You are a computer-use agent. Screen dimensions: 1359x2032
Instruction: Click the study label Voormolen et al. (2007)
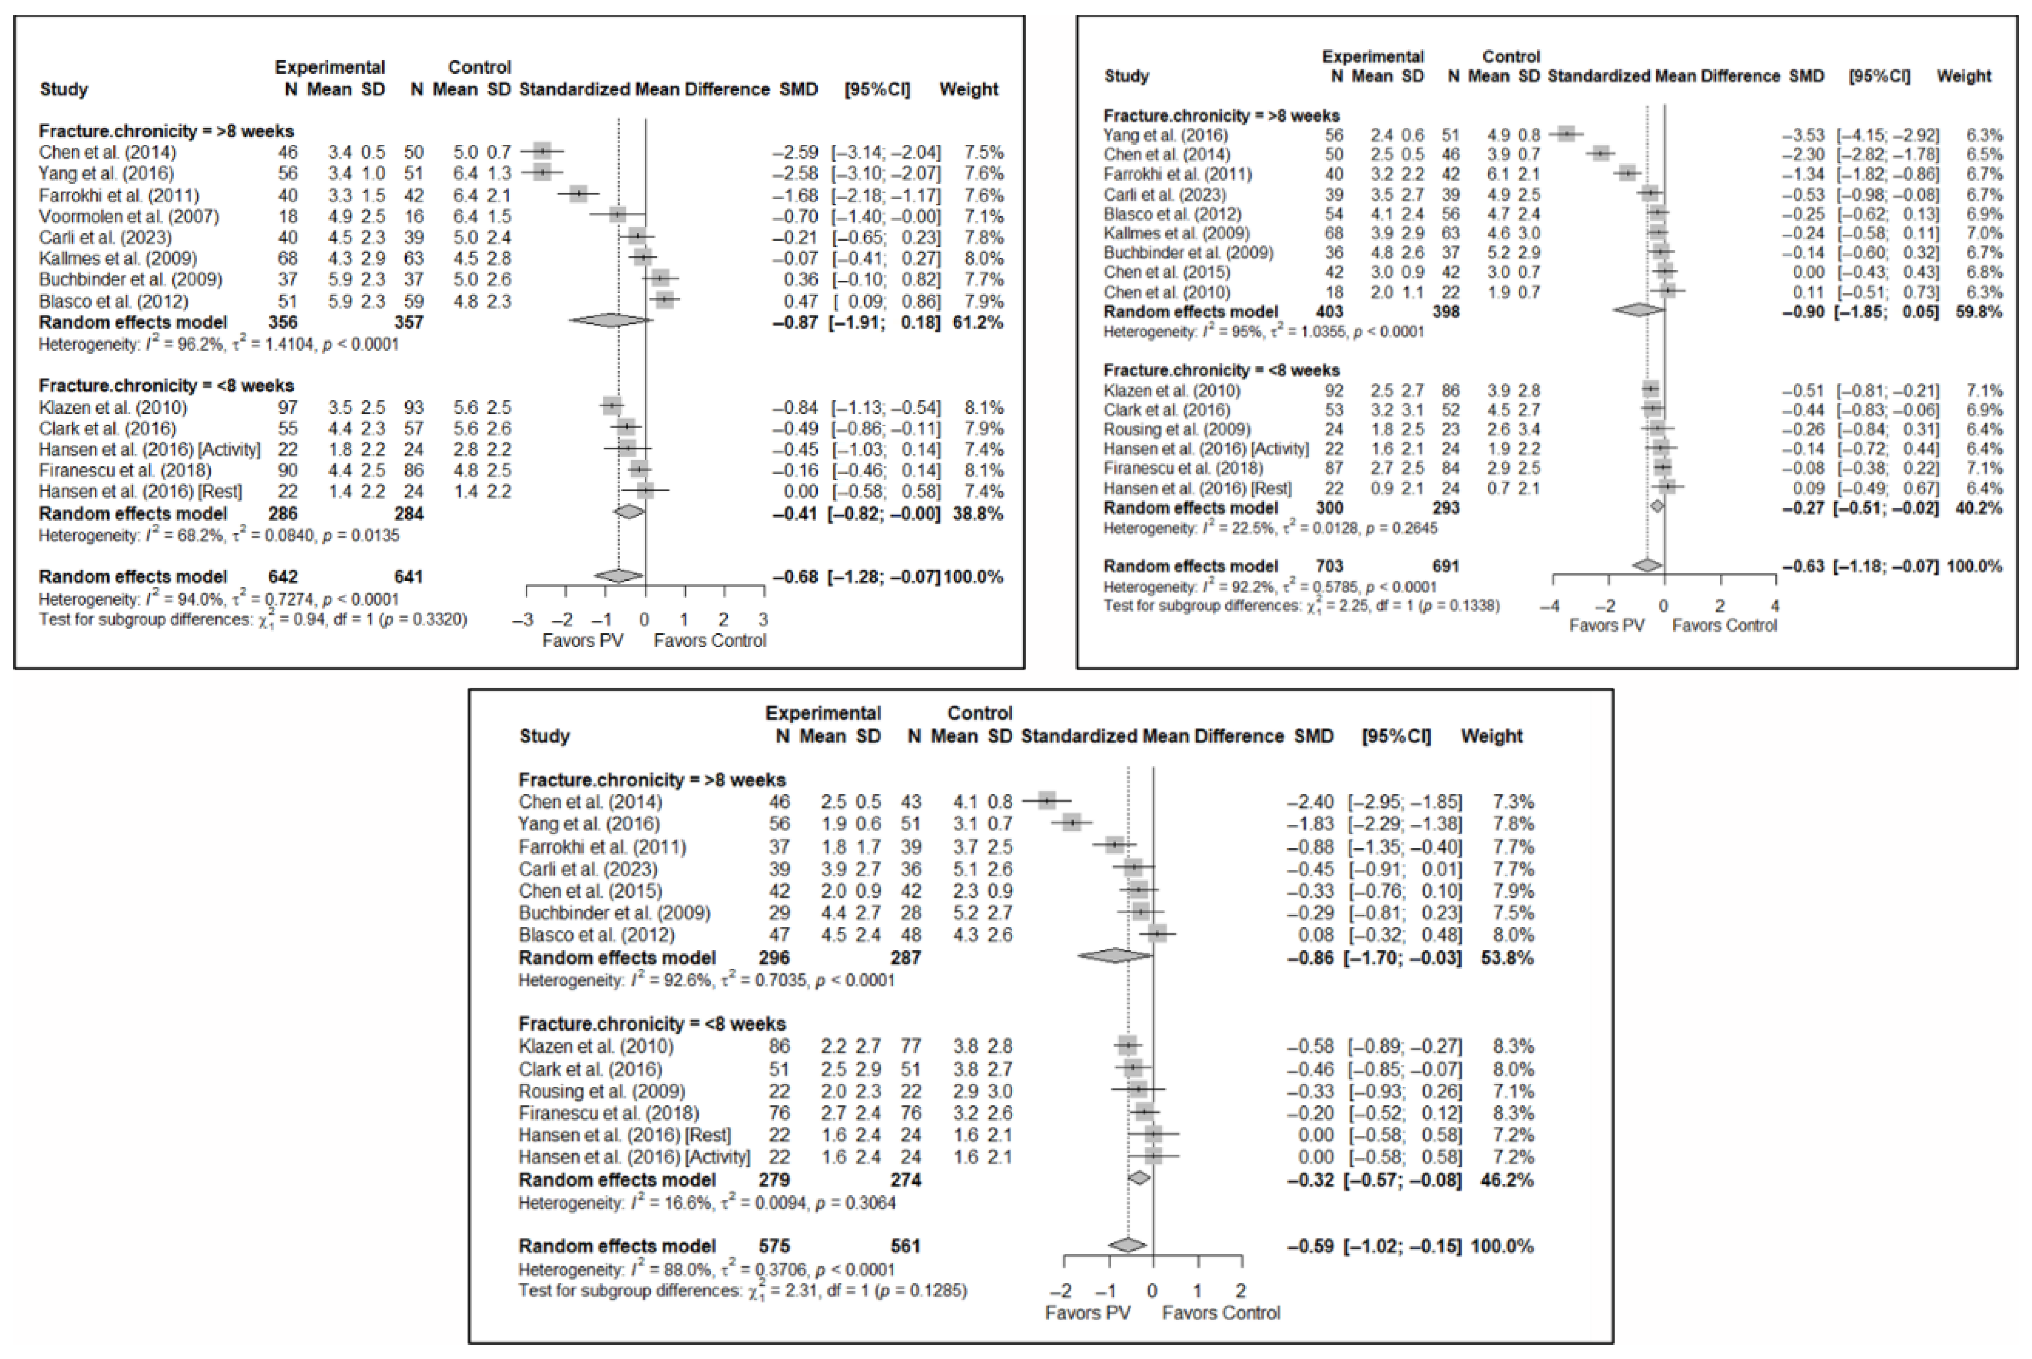coord(128,216)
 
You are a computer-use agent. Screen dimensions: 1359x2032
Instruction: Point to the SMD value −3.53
coord(1802,135)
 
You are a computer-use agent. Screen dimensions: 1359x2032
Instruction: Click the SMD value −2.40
coord(1310,802)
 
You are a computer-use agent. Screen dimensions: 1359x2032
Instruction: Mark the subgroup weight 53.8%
coord(1507,958)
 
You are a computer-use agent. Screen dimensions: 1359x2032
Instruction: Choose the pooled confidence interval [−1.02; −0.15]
coord(1402,1246)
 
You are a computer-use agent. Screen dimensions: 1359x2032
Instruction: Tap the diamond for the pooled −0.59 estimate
coord(1127,1246)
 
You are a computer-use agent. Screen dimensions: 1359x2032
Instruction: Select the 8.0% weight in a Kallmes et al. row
coord(983,258)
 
